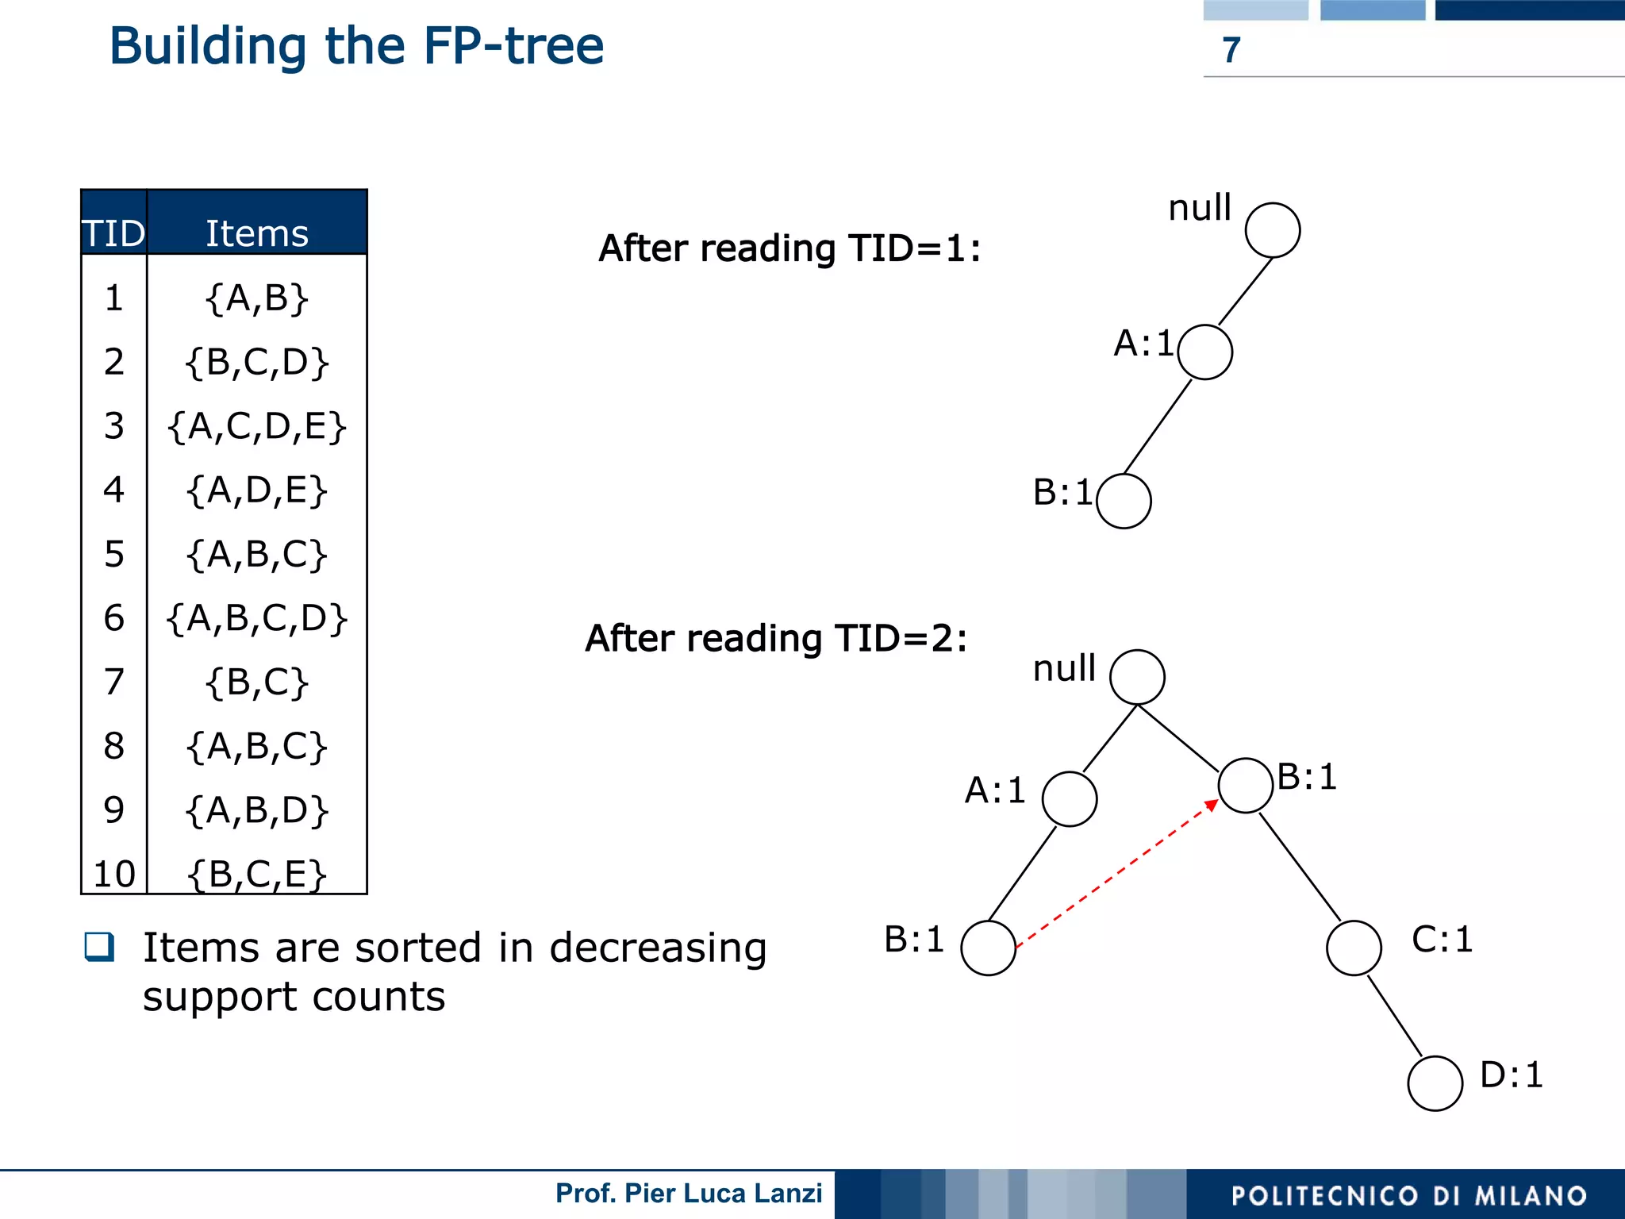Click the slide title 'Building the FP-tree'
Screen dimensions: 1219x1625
(356, 46)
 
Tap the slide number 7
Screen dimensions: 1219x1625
(1231, 50)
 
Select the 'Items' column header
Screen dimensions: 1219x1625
(256, 233)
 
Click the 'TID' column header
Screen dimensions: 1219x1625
(114, 233)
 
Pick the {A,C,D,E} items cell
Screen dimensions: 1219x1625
(256, 426)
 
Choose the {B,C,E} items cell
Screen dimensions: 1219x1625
(256, 874)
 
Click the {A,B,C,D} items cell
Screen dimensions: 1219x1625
(256, 617)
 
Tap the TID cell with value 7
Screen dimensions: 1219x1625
(114, 682)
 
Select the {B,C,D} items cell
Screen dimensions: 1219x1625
(256, 362)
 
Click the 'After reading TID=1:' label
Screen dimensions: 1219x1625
(789, 248)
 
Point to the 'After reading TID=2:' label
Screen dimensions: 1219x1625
(776, 638)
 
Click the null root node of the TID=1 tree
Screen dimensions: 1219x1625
(1272, 230)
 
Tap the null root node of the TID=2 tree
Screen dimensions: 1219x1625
(1137, 677)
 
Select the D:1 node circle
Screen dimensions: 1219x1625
(1435, 1083)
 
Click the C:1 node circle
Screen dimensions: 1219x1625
(1354, 948)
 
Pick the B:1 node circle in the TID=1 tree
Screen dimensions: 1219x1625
(1124, 501)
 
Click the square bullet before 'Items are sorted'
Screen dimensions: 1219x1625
(100, 946)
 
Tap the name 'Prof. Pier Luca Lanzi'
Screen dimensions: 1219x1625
(689, 1194)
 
